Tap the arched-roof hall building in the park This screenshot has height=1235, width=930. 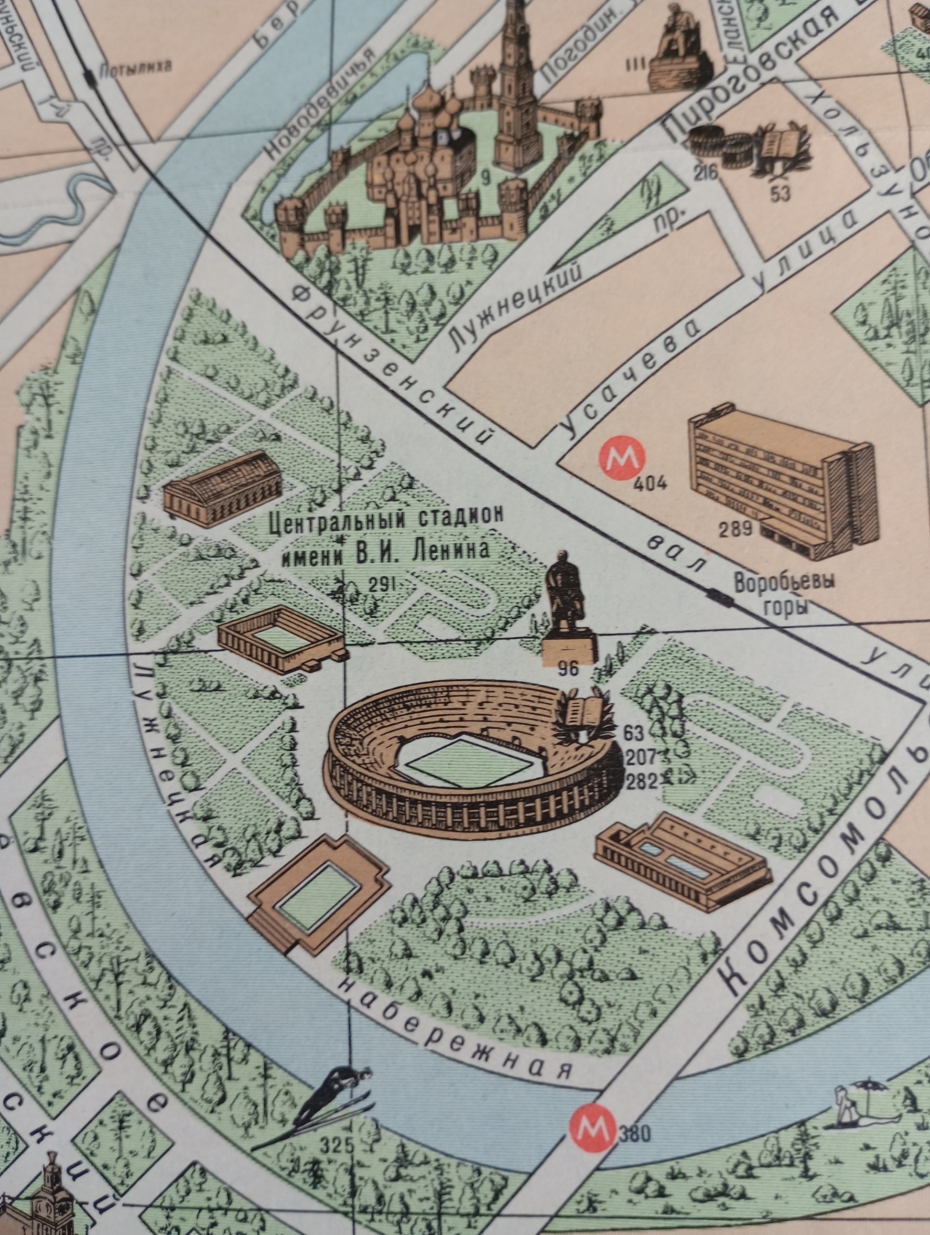[x=222, y=488]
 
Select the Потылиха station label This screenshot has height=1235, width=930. [x=135, y=69]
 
